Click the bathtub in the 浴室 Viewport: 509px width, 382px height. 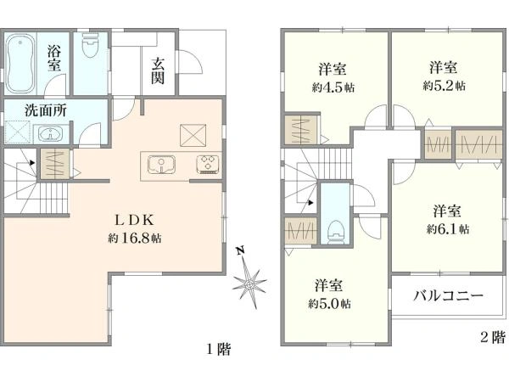click(20, 63)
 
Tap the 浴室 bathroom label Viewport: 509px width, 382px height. click(54, 58)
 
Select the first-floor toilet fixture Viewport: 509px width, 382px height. click(90, 46)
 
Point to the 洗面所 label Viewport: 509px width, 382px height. click(46, 110)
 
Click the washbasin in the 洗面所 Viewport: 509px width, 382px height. click(49, 134)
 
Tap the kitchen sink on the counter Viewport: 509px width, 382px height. click(161, 165)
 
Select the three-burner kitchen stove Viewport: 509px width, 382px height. click(208, 164)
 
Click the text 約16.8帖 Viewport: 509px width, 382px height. click(135, 239)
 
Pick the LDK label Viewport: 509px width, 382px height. click(134, 221)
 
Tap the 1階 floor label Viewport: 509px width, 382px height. click(219, 349)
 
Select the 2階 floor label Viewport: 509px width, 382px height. click(493, 337)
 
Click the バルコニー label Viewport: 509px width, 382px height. click(448, 296)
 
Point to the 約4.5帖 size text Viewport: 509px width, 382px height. click(333, 87)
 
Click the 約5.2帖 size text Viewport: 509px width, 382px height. click(444, 86)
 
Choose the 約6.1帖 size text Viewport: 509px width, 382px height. click(448, 229)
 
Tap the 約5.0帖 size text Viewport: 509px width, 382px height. click(329, 304)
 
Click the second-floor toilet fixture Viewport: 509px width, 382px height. click(335, 232)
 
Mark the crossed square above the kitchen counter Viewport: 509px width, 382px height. click(193, 135)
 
